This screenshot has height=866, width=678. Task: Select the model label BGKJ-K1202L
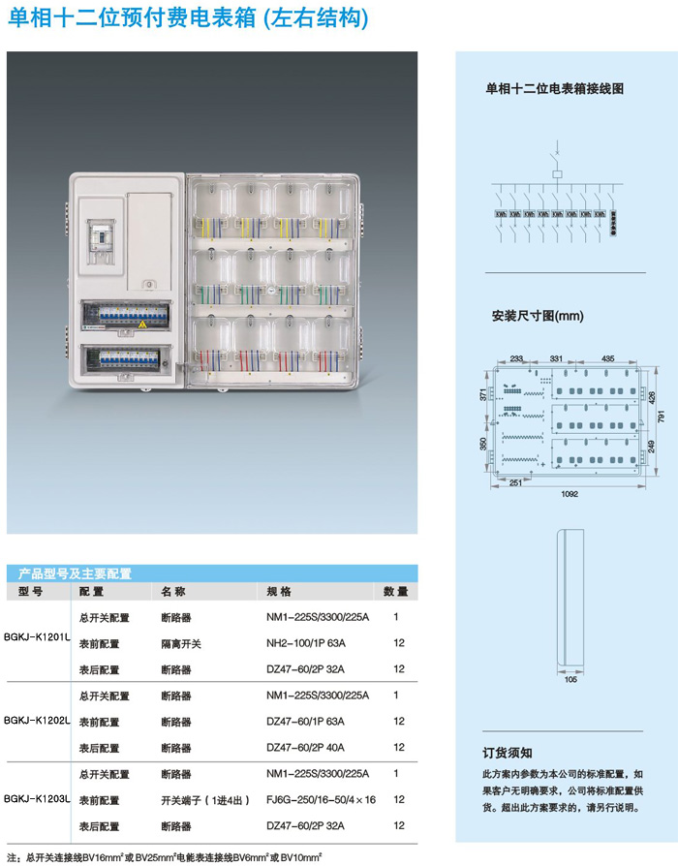click(39, 721)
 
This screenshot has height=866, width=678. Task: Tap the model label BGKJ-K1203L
click(39, 799)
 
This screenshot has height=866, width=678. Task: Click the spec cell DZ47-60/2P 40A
click(305, 747)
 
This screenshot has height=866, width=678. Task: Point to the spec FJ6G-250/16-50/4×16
click(321, 799)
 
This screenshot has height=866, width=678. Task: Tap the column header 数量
click(395, 591)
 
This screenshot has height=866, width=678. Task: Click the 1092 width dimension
click(569, 493)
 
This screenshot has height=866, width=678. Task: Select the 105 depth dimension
click(570, 680)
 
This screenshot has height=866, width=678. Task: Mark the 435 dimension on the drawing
click(607, 358)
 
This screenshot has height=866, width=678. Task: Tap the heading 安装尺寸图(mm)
click(538, 316)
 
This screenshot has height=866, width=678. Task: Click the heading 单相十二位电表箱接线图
click(554, 88)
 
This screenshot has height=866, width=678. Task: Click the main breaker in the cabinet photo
click(100, 237)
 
